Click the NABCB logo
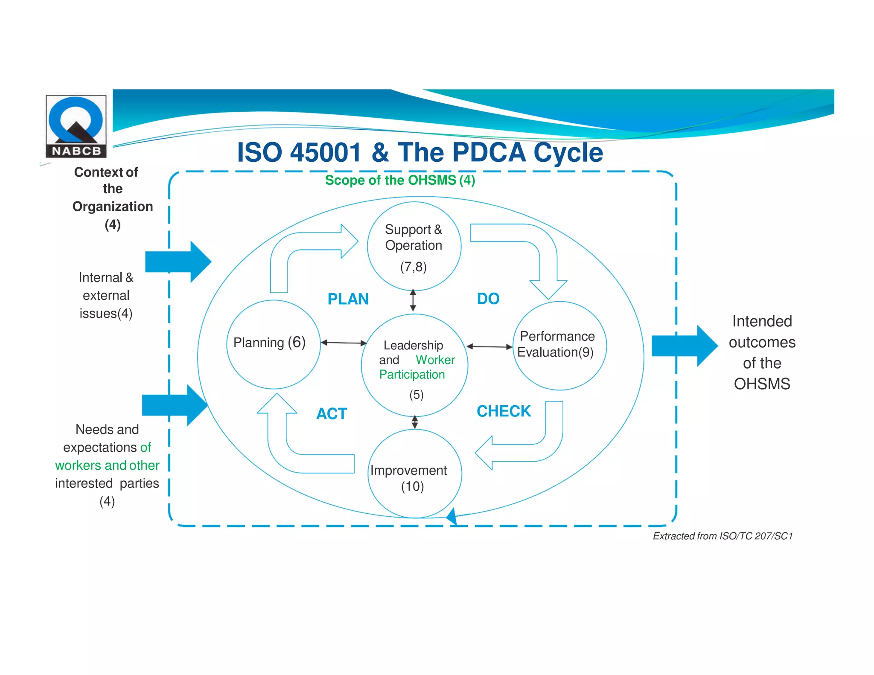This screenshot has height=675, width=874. click(76, 126)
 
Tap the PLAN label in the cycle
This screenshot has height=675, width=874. click(348, 299)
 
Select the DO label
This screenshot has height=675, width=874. click(488, 299)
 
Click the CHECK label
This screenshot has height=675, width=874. click(504, 411)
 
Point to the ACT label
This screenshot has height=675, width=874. click(332, 413)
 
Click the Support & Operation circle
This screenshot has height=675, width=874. click(414, 247)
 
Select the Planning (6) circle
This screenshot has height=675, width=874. click(273, 344)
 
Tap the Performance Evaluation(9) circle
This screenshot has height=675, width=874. click(559, 346)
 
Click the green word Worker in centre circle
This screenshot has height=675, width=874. click(435, 360)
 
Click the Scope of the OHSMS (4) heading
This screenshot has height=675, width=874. click(400, 180)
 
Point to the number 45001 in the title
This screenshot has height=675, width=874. click(326, 152)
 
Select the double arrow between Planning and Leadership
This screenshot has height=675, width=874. click(344, 343)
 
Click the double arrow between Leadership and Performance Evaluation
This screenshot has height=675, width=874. click(489, 346)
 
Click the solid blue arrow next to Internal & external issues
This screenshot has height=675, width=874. click(178, 262)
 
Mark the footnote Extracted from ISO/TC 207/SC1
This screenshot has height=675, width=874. click(723, 536)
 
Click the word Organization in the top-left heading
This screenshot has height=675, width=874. click(113, 207)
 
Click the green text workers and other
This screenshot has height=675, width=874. click(107, 465)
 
